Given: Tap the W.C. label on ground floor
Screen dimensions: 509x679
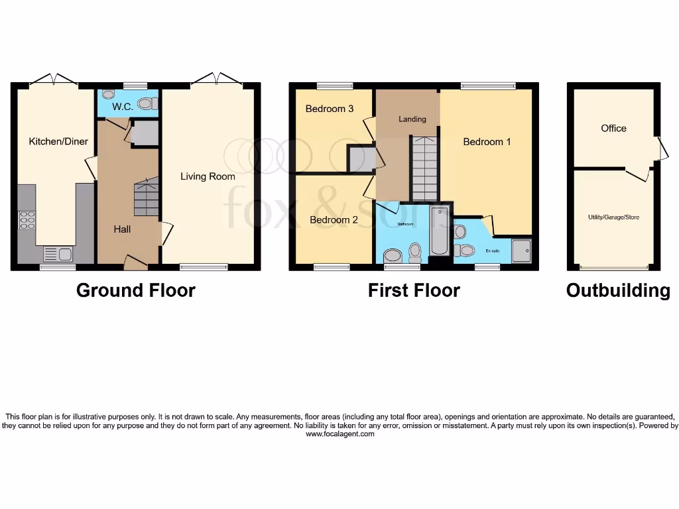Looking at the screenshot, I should (122, 106).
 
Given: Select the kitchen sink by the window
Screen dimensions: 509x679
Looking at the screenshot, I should (52, 253).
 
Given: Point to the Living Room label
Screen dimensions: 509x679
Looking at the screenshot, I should (208, 176).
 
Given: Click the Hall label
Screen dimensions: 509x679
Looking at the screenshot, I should (121, 229).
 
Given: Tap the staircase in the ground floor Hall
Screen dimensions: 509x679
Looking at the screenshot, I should (146, 196).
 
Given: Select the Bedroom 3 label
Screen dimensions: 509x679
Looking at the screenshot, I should (329, 109).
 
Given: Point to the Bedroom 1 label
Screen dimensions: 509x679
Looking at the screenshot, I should (487, 142).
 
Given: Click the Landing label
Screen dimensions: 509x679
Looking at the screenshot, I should (412, 119).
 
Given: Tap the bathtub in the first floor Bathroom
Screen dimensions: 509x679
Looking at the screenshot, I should (439, 231).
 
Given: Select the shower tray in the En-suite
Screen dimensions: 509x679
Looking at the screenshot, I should (522, 251).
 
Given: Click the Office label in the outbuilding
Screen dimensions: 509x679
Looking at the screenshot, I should (613, 129).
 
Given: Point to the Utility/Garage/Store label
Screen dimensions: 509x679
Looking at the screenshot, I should (613, 217).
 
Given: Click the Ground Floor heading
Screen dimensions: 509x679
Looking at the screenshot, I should (136, 290).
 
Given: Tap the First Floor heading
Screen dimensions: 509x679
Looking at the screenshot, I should (414, 290).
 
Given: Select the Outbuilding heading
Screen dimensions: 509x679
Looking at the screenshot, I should (617, 290).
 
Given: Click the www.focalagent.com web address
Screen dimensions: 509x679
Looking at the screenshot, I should (340, 434).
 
